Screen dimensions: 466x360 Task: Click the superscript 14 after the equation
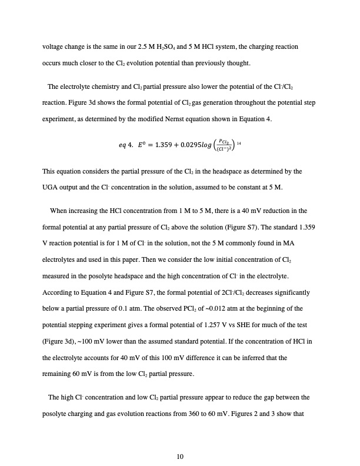238,142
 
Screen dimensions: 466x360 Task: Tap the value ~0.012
206,309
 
